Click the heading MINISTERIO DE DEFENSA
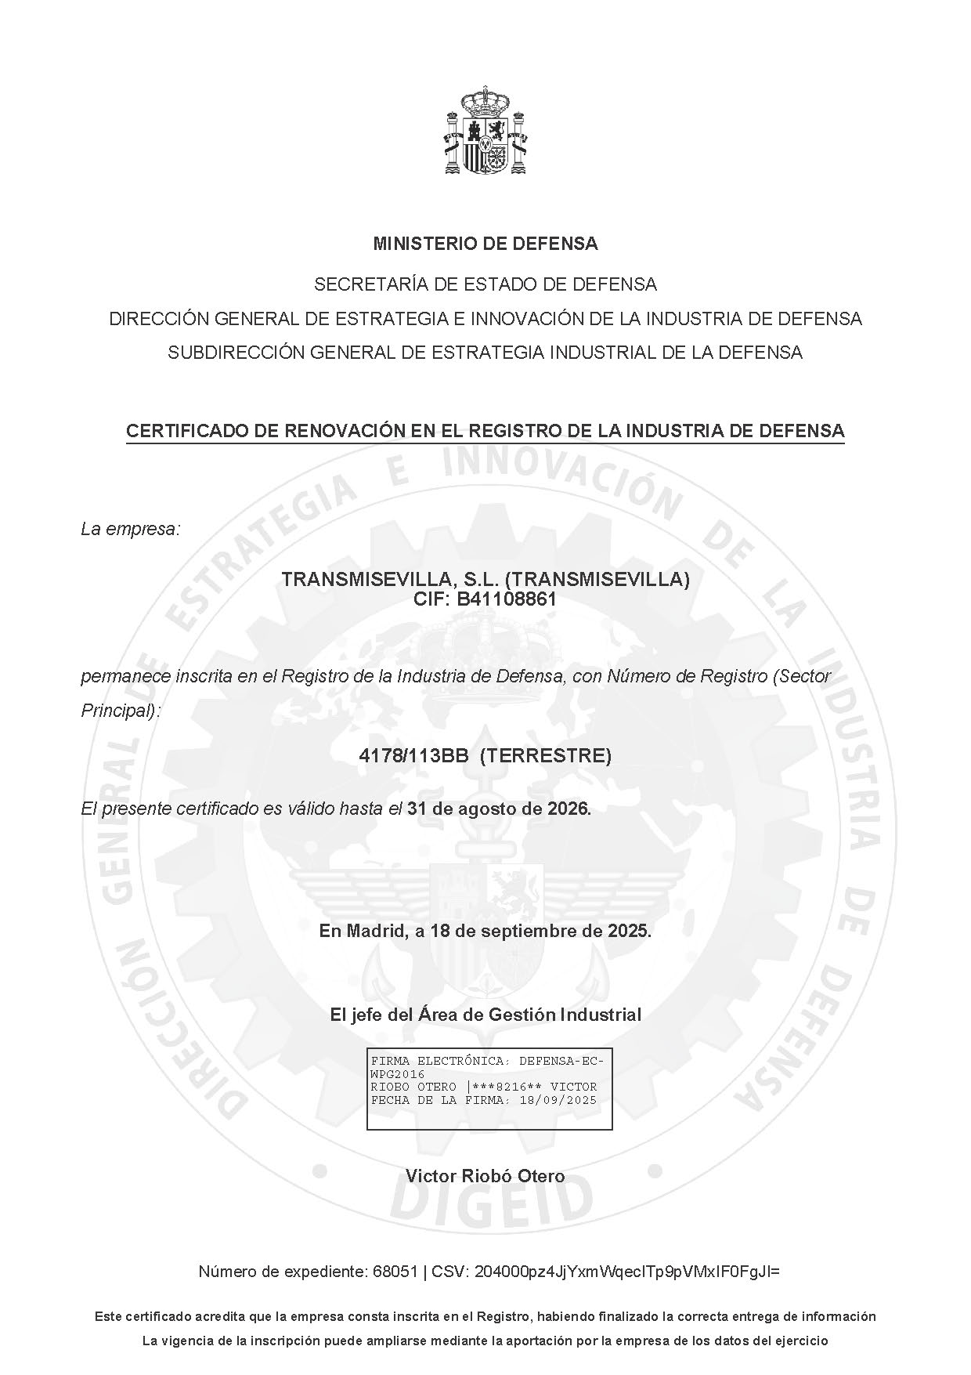(x=485, y=244)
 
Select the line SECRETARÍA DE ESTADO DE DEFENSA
(x=485, y=284)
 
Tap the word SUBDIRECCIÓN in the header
(x=235, y=353)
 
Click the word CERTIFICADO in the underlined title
(x=186, y=431)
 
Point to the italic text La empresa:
(x=131, y=530)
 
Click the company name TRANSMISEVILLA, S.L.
(x=390, y=580)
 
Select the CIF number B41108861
(x=507, y=600)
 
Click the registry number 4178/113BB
(x=413, y=756)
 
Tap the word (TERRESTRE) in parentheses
(x=545, y=756)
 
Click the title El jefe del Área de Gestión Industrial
(x=485, y=1015)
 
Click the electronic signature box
(x=489, y=1088)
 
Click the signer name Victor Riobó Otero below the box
(x=485, y=1176)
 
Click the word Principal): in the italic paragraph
(x=120, y=711)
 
